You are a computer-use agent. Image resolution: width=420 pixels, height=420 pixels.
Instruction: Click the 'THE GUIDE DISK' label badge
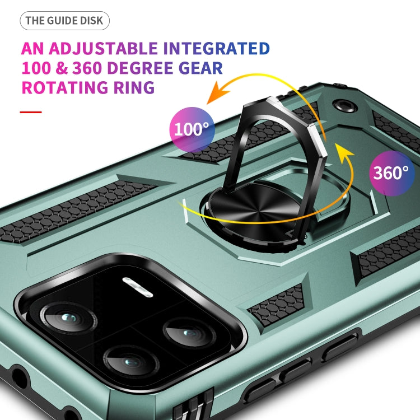coord(64,21)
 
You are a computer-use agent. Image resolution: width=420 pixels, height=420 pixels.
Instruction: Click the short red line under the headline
coord(31,112)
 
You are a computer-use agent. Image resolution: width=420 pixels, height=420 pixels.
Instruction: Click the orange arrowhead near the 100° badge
coord(213,96)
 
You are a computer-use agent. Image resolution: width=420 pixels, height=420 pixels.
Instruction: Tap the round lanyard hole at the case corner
coord(340,105)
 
